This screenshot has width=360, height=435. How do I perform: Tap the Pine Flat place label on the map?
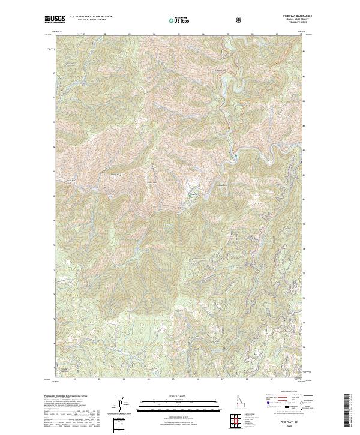[x=193, y=194]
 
